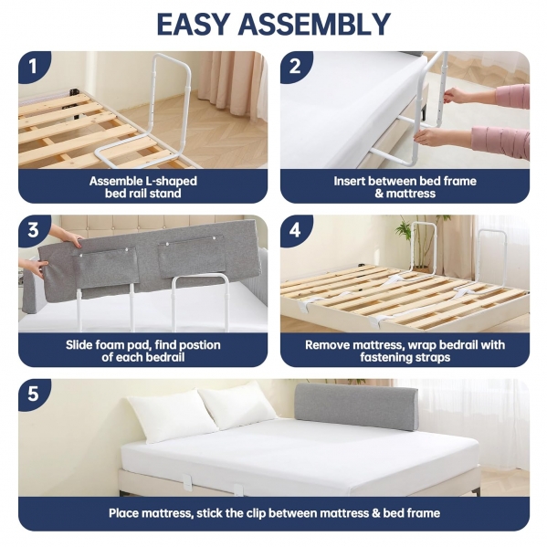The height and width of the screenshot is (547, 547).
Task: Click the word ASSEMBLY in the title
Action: (x=315, y=24)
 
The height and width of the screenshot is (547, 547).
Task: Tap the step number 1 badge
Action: (x=33, y=66)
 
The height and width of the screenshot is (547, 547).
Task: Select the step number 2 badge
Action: (x=295, y=66)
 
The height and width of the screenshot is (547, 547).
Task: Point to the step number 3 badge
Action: (x=33, y=230)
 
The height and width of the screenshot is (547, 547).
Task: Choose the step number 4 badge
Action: (x=295, y=230)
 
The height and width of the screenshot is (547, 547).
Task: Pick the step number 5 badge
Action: (x=33, y=394)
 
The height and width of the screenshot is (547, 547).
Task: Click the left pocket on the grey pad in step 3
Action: (x=106, y=268)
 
